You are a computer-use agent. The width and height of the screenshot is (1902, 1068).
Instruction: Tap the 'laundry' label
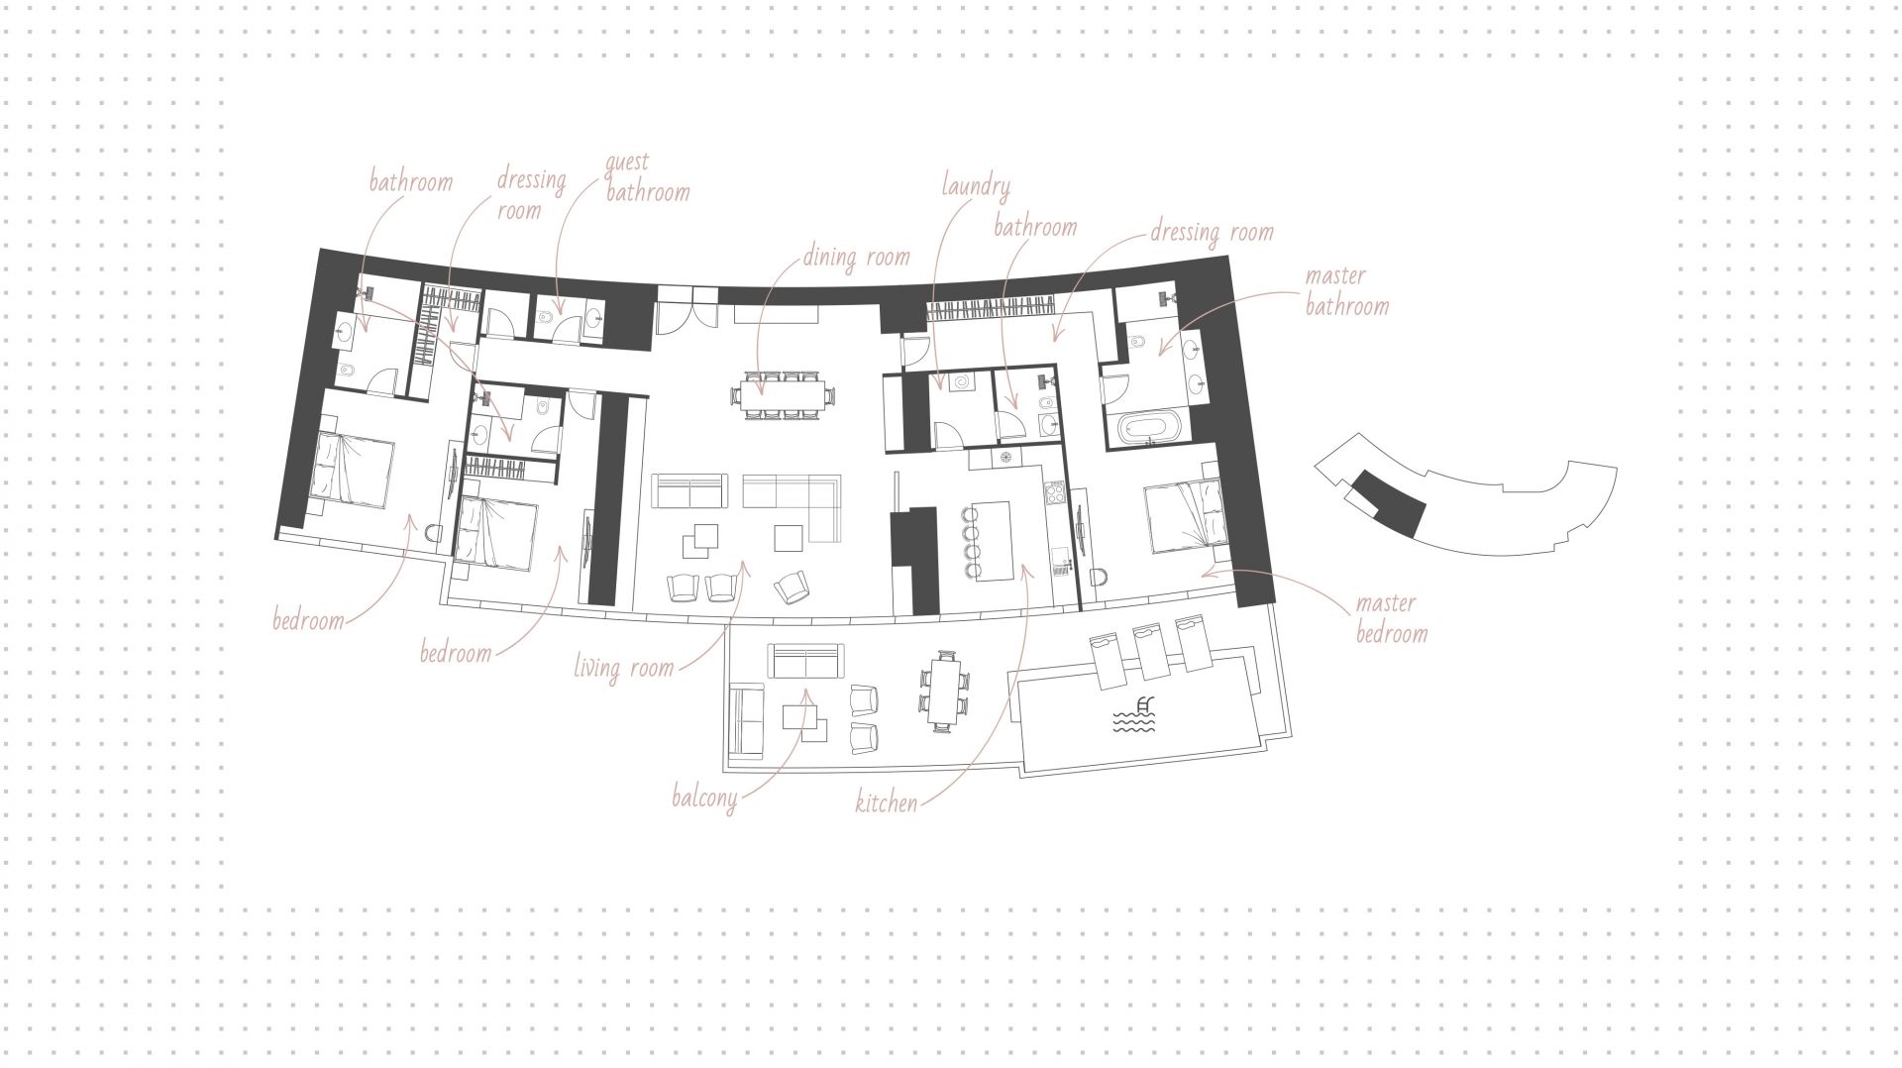click(x=976, y=186)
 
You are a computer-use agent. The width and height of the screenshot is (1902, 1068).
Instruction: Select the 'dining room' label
click(x=856, y=258)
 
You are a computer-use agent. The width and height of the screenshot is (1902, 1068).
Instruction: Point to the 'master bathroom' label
click(x=1346, y=290)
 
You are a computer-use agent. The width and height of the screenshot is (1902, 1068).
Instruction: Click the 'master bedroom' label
click(x=1392, y=617)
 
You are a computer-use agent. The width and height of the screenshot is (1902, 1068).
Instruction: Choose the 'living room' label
click(x=624, y=668)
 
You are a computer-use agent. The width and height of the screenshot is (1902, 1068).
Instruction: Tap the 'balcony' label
click(x=704, y=798)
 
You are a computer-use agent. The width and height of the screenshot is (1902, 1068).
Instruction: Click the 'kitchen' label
click(x=887, y=801)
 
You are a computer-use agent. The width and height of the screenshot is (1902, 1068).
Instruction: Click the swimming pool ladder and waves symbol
click(x=1134, y=716)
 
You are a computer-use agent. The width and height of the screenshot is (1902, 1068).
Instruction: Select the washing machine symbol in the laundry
click(x=961, y=384)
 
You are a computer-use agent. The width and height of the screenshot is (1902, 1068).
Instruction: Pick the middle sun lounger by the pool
click(x=1150, y=651)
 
